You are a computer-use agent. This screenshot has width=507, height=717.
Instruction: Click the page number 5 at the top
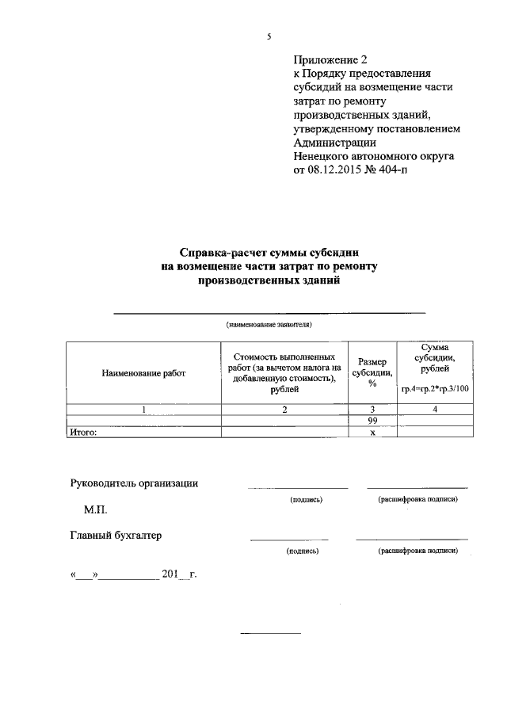click(x=269, y=36)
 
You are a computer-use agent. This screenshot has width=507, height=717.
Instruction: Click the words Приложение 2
click(x=330, y=59)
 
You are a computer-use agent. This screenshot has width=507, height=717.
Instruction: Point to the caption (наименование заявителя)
click(x=269, y=325)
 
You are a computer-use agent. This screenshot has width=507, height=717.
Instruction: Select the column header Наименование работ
click(x=143, y=373)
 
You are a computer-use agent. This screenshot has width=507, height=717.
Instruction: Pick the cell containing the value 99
click(x=372, y=421)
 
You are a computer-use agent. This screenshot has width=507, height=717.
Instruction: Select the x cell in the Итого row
click(x=372, y=433)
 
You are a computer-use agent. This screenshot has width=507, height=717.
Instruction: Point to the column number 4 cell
click(x=435, y=410)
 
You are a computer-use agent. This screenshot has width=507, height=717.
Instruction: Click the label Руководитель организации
click(x=135, y=483)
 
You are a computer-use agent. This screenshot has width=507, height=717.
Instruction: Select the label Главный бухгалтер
click(x=116, y=536)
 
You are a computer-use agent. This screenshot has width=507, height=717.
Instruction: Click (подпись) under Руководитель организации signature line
click(x=307, y=500)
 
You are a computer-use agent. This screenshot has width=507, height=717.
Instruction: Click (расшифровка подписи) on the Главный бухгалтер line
click(x=418, y=550)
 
